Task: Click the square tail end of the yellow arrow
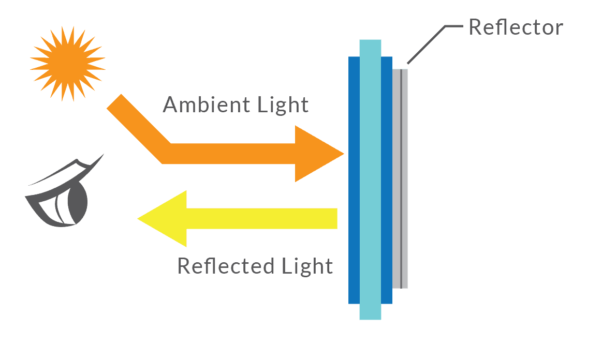[x=331, y=218]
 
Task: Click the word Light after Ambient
[x=283, y=105]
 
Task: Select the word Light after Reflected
[x=307, y=266]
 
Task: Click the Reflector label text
[x=515, y=27]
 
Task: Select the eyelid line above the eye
[x=67, y=171]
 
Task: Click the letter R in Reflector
[x=475, y=27]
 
